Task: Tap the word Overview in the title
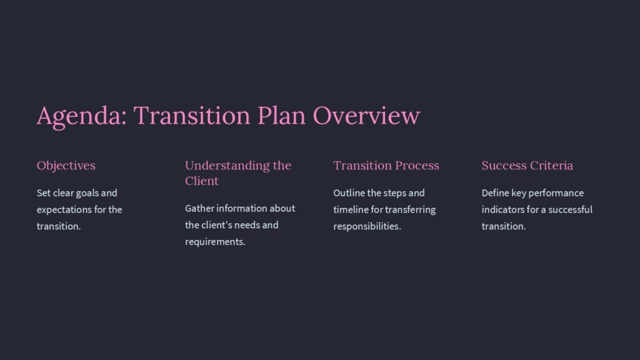pos(366,116)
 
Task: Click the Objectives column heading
pos(66,166)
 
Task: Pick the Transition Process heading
pos(386,166)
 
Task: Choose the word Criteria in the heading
pos(553,166)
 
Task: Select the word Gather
pos(199,208)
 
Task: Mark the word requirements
pos(215,242)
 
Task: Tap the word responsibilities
pos(367,226)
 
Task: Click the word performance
pos(556,193)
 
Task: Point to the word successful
pos(569,209)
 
